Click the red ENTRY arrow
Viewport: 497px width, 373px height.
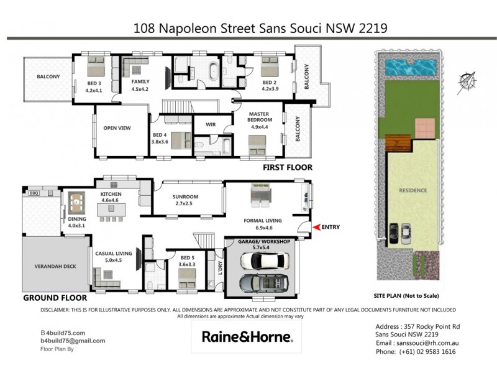[x=317, y=228]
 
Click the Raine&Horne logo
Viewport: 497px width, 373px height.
[x=247, y=337]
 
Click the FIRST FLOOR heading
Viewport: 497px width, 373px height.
[x=287, y=168]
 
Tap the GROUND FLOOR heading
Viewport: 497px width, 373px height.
[x=53, y=298]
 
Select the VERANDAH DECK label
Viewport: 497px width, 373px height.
[x=55, y=267]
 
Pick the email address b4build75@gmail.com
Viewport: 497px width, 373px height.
[x=73, y=341]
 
